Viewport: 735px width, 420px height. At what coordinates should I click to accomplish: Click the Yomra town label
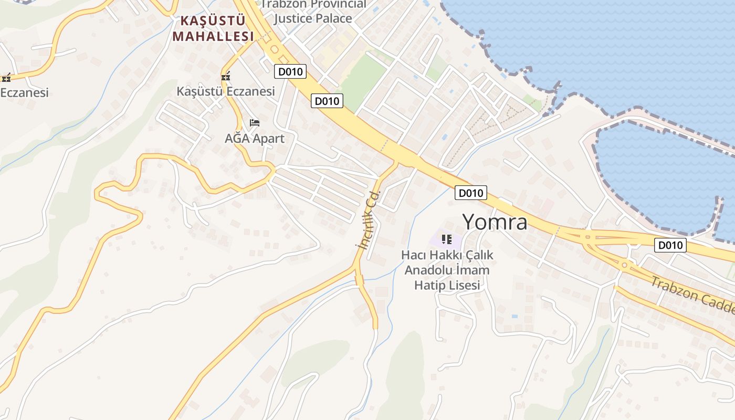pyautogui.click(x=495, y=222)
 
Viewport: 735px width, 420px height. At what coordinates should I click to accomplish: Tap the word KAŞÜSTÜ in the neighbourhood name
pyautogui.click(x=213, y=21)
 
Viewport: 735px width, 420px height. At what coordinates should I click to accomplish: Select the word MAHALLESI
pyautogui.click(x=213, y=36)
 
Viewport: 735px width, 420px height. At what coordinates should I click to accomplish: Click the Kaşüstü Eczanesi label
pyautogui.click(x=226, y=91)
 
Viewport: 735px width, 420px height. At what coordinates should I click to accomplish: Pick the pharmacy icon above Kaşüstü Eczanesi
pyautogui.click(x=226, y=77)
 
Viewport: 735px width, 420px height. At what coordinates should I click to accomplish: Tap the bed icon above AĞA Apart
pyautogui.click(x=255, y=123)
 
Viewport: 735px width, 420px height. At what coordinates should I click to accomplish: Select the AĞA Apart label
pyautogui.click(x=255, y=139)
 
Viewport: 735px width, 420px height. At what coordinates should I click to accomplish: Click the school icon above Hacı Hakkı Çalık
pyautogui.click(x=447, y=239)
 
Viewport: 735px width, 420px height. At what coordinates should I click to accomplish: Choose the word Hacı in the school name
pyautogui.click(x=412, y=255)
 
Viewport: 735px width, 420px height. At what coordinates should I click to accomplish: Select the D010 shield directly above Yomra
pyautogui.click(x=470, y=193)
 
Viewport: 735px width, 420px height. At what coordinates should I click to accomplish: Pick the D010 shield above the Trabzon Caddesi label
pyautogui.click(x=670, y=245)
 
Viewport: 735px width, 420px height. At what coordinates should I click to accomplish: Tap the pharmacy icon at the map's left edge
pyautogui.click(x=6, y=78)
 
